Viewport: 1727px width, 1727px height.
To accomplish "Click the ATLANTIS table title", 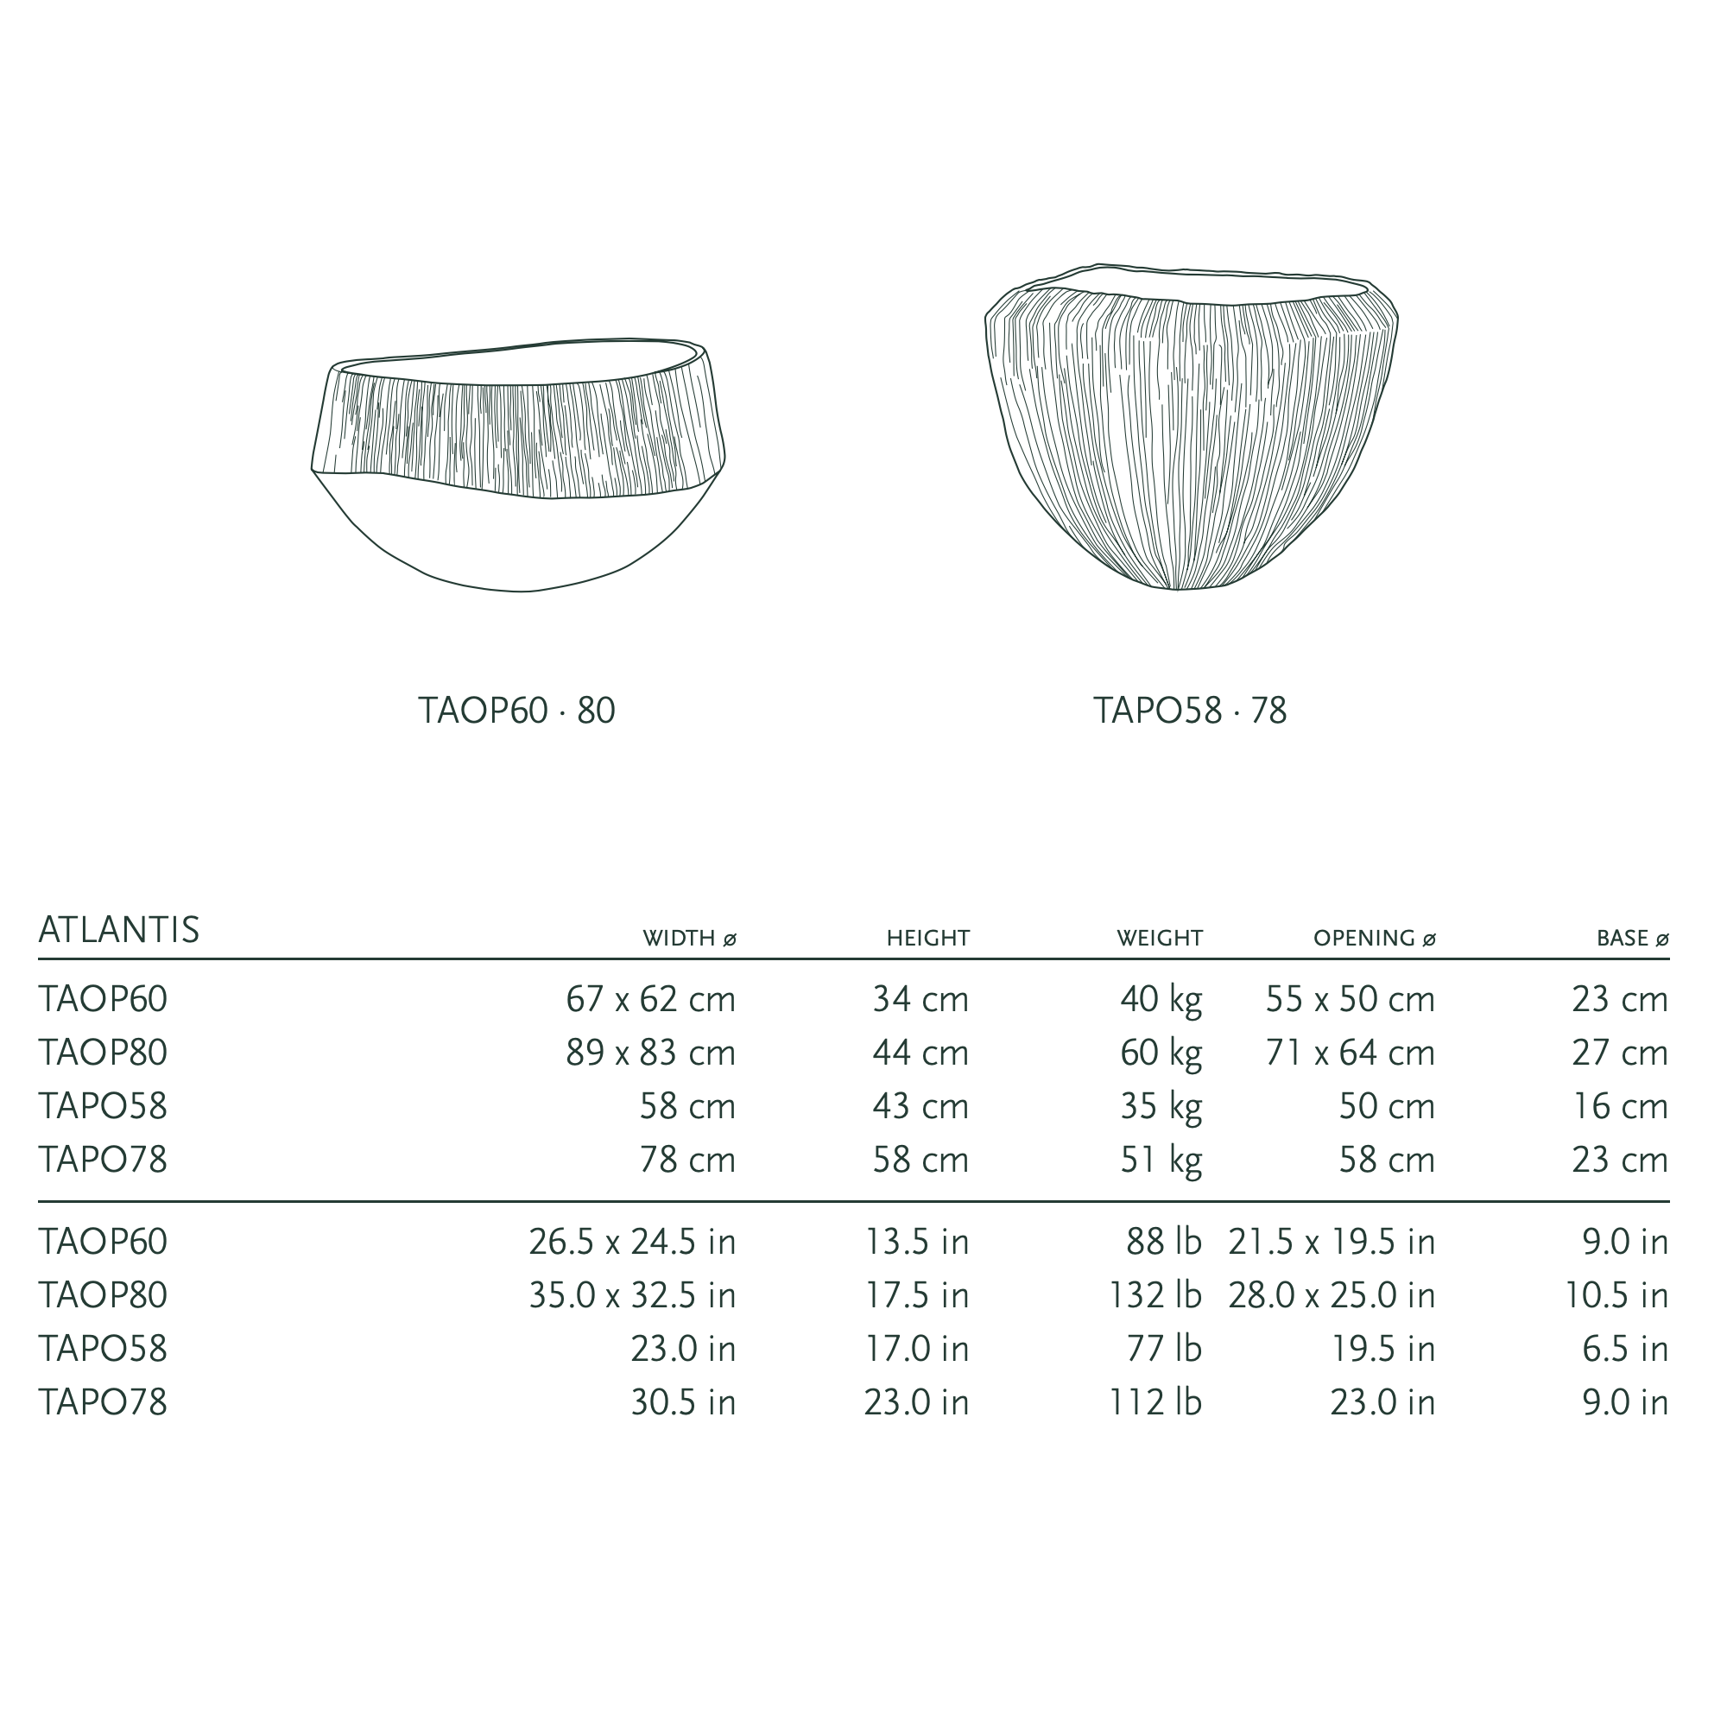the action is coord(119,930).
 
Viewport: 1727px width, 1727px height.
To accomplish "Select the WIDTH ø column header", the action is coord(689,939).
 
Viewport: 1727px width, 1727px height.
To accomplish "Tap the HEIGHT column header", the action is coord(928,939).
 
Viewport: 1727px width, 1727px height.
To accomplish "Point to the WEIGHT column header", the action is coord(1160,939).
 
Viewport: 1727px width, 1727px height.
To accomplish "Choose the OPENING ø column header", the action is coord(1375,939).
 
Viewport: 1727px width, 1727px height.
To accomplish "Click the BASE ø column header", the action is coord(1633,939).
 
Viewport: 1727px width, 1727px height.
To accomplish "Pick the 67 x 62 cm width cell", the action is coord(651,999).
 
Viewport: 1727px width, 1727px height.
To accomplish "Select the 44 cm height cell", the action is coord(920,1053).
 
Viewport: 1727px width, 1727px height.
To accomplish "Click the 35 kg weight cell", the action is coord(1161,1108).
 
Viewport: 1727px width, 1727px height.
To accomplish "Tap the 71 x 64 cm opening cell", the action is coord(1351,1053).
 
